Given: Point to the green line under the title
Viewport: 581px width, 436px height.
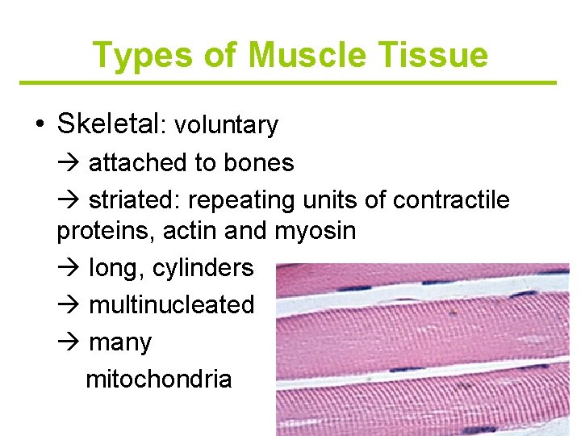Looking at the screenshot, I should point(288,82).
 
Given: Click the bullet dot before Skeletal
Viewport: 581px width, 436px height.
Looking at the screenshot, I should point(40,124).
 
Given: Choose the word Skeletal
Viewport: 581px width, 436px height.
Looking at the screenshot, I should point(109,124).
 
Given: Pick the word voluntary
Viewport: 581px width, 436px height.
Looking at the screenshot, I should point(226,125).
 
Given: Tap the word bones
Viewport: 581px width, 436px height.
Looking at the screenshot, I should point(259,163).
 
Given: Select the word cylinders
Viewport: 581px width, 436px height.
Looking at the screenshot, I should point(203,268).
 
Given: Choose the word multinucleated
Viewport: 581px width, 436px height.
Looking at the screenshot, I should point(171,304).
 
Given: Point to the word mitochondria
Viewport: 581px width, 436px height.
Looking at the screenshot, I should point(158,379).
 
